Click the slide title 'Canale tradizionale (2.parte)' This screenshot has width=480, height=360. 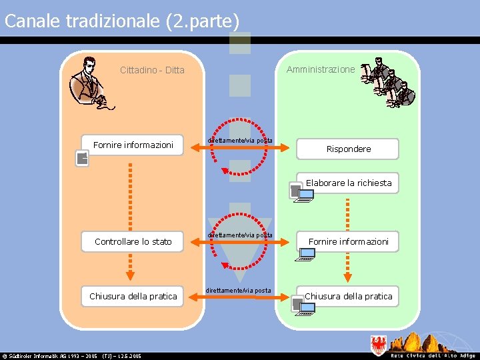coord(122,21)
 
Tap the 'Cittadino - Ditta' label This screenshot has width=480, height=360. coord(152,70)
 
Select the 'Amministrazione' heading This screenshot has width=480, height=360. coord(321,69)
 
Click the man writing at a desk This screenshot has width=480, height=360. coord(91,83)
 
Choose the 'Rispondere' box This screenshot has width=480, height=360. coord(348,149)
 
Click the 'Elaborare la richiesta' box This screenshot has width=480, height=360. coord(349,183)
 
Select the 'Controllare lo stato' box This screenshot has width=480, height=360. coord(133,241)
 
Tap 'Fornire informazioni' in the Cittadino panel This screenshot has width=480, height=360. coord(133,145)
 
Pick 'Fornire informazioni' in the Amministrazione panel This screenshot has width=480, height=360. coord(348,241)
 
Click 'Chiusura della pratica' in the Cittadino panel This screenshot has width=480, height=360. coord(133,296)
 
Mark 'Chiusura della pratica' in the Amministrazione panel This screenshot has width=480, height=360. coord(348,296)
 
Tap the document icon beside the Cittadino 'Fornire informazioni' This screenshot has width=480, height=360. coord(81,158)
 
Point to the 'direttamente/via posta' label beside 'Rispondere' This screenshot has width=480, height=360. coord(239,140)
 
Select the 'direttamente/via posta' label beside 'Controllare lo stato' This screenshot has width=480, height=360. coord(239,235)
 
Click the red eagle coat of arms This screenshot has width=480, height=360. coord(378,345)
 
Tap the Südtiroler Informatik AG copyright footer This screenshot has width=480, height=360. coord(71,356)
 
